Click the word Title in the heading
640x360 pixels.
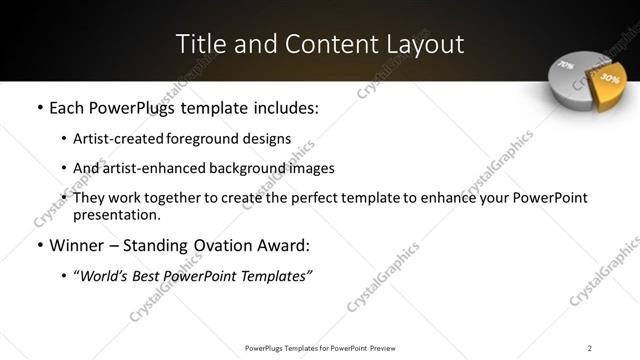tap(200, 44)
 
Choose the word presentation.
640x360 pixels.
tap(117, 214)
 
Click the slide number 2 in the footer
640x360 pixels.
tap(590, 348)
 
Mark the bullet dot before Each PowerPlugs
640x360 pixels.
tap(39, 107)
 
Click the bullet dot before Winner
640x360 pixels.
tap(39, 245)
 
